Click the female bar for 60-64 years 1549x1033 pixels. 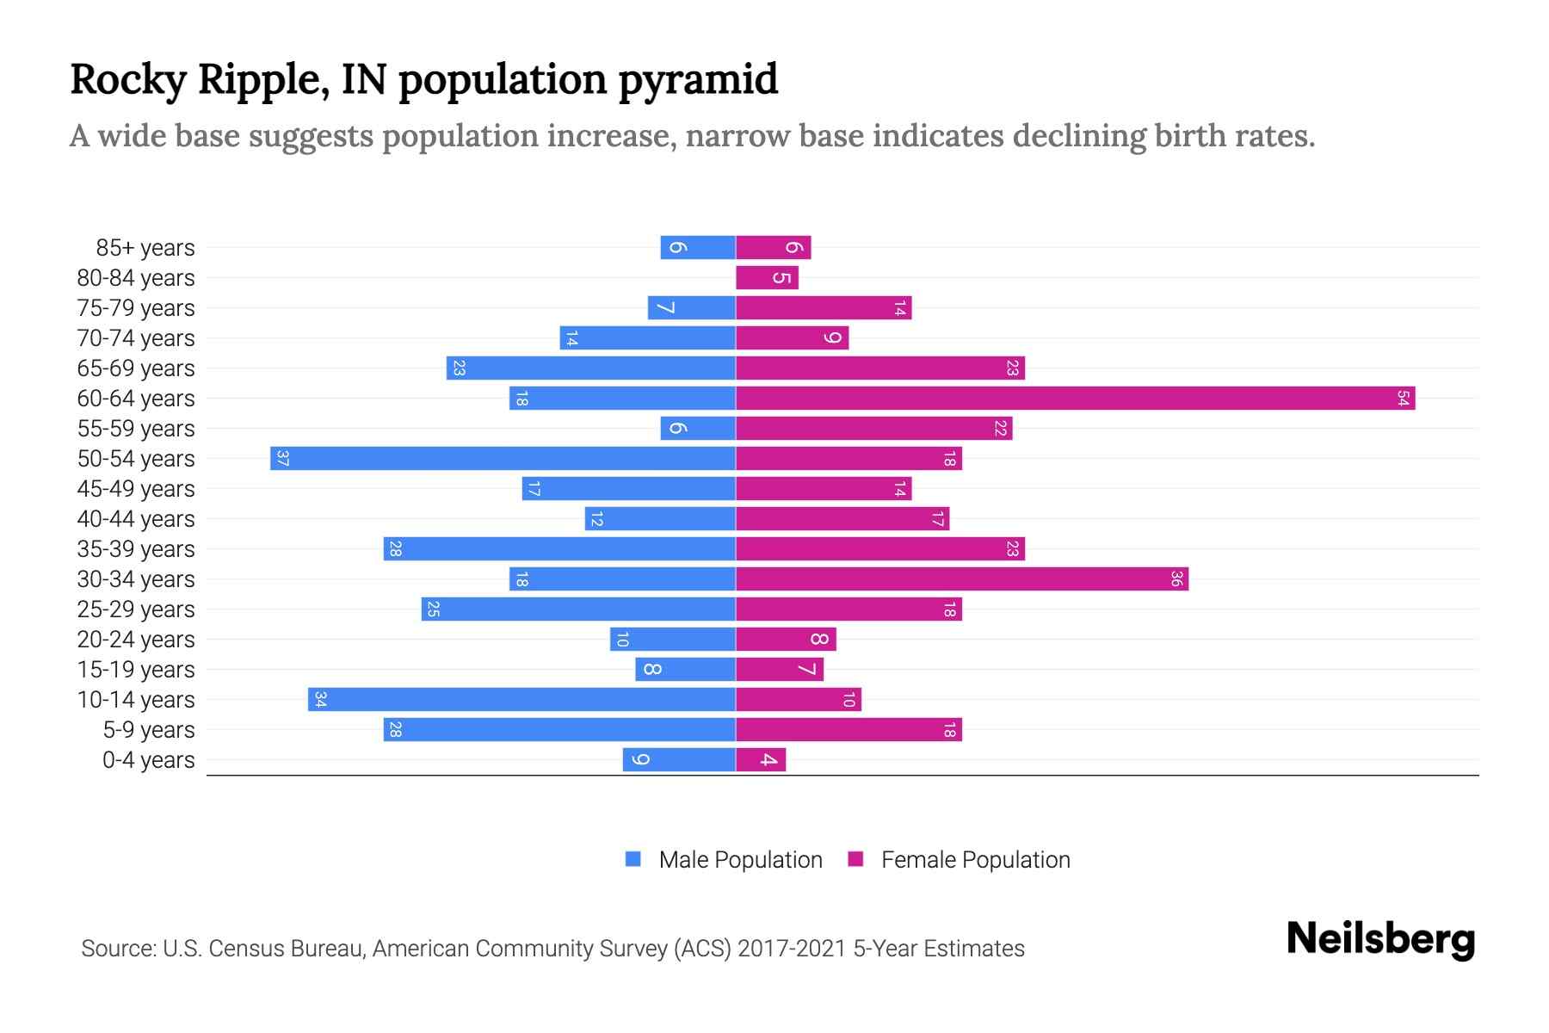(x=1075, y=399)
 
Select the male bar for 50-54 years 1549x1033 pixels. (x=503, y=459)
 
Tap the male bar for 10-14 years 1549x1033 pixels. (x=521, y=700)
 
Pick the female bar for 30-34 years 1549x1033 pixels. (x=961, y=579)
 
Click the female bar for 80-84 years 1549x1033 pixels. (x=767, y=278)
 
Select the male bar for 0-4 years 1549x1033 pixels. (x=679, y=760)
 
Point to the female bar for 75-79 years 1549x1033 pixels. (x=823, y=308)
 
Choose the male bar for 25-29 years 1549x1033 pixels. (x=578, y=609)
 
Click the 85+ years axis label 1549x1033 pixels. (x=145, y=248)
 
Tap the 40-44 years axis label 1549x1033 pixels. (x=136, y=519)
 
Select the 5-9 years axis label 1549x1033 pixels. (x=149, y=730)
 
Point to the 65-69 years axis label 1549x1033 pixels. (x=136, y=368)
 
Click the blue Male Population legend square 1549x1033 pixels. (x=633, y=859)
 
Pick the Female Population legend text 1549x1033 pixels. (x=975, y=860)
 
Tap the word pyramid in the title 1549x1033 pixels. (x=698, y=80)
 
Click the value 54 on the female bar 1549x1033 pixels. (x=1403, y=399)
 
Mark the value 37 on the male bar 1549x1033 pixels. (x=282, y=459)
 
